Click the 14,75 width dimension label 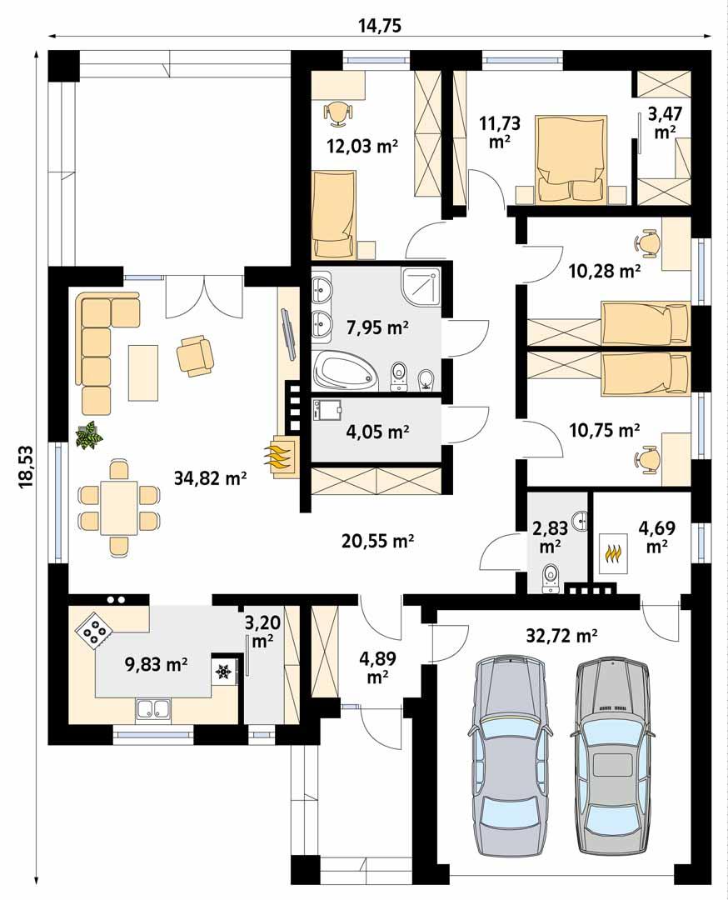tap(380, 24)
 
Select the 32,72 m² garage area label tap(562, 637)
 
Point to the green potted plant tap(88, 435)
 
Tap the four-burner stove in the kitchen tap(94, 632)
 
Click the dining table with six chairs tap(118, 507)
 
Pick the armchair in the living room tap(195, 354)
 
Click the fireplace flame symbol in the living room tap(279, 457)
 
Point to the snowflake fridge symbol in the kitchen tap(223, 672)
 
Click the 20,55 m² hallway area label tap(378, 541)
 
